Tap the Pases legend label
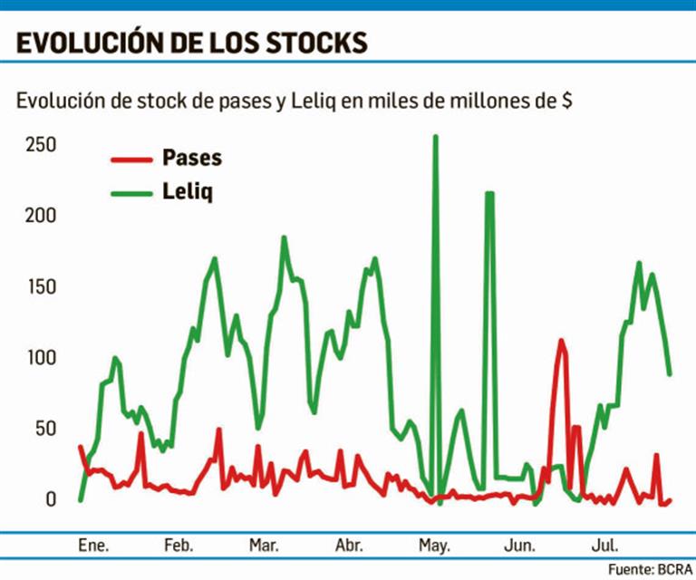point(192,158)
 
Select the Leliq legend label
point(188,192)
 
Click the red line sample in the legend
point(130,159)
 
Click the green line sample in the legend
point(130,193)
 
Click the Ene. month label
point(93,546)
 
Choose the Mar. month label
point(264,546)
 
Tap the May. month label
point(435,546)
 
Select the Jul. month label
point(604,546)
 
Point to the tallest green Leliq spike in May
point(435,138)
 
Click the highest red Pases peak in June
point(561,342)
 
